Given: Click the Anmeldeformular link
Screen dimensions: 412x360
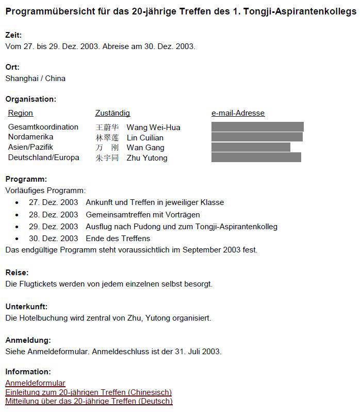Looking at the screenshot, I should pyautogui.click(x=35, y=383).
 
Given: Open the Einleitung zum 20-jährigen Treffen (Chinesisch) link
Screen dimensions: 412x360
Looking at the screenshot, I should pyautogui.click(x=88, y=392).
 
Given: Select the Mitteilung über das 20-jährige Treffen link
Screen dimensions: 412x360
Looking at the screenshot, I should pyautogui.click(x=89, y=401).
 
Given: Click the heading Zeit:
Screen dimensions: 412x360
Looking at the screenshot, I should pyautogui.click(x=13, y=35).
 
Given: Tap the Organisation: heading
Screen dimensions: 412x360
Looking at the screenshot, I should pyautogui.click(x=30, y=99).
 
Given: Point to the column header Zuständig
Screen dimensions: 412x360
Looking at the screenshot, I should pyautogui.click(x=112, y=113).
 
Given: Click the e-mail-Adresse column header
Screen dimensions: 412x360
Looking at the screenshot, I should pyautogui.click(x=238, y=113).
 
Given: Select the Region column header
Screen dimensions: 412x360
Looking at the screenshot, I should pyautogui.click(x=21, y=113).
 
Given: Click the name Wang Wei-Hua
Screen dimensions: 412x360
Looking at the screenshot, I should pyautogui.click(x=153, y=128).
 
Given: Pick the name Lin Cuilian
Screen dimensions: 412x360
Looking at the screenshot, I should pyautogui.click(x=145, y=138).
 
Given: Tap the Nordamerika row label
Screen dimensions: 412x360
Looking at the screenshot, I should pyautogui.click(x=30, y=137).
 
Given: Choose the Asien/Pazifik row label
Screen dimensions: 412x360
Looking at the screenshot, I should pyautogui.click(x=30, y=147).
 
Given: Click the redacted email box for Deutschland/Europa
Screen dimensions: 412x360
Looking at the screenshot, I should pyautogui.click(x=256, y=157).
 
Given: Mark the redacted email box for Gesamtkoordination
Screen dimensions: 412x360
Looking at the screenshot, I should pyautogui.click(x=257, y=127).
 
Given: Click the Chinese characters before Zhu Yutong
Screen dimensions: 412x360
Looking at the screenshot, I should pyautogui.click(x=107, y=158).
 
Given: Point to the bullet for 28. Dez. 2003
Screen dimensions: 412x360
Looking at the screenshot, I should pyautogui.click(x=18, y=215).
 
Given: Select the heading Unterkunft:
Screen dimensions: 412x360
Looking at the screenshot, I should pyautogui.click(x=26, y=307).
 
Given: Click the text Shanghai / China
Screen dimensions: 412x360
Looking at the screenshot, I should pyautogui.click(x=35, y=78).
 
